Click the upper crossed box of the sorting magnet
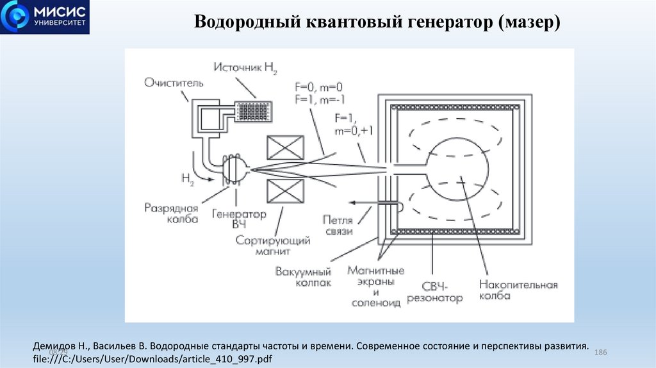click(x=284, y=147)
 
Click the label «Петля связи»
click(x=338, y=224)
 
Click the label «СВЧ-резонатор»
click(x=442, y=292)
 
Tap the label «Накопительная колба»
click(x=518, y=290)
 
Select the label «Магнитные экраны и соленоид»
click(x=376, y=287)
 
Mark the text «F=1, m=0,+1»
click(x=350, y=125)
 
